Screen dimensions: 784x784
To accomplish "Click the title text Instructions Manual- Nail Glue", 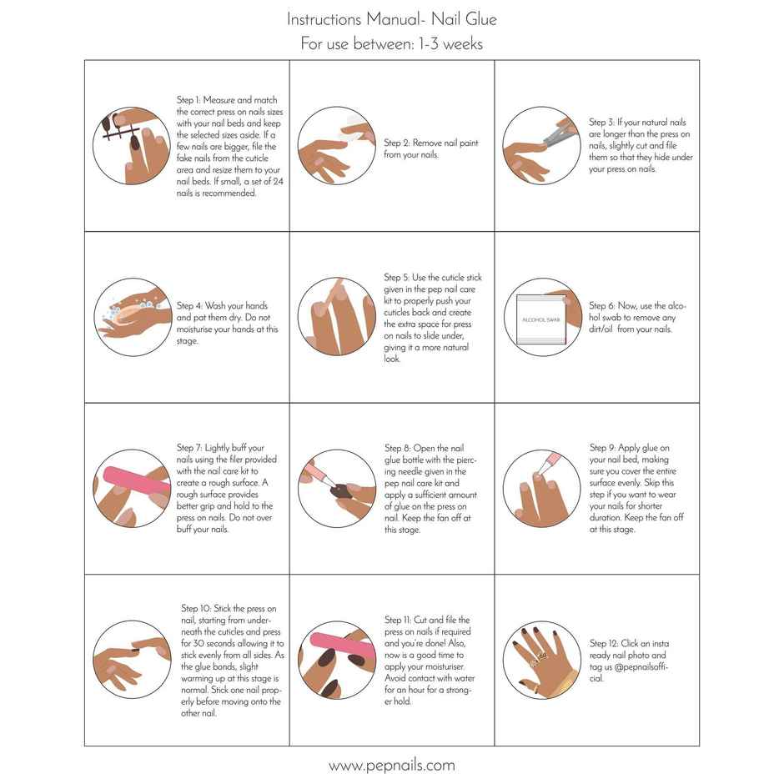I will [x=391, y=18].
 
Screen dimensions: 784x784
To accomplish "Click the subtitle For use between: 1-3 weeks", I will [x=391, y=43].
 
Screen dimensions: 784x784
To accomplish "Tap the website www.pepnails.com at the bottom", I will [x=391, y=765].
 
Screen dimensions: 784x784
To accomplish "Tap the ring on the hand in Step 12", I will [x=541, y=656].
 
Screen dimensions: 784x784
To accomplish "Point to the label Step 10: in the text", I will [x=197, y=609].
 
